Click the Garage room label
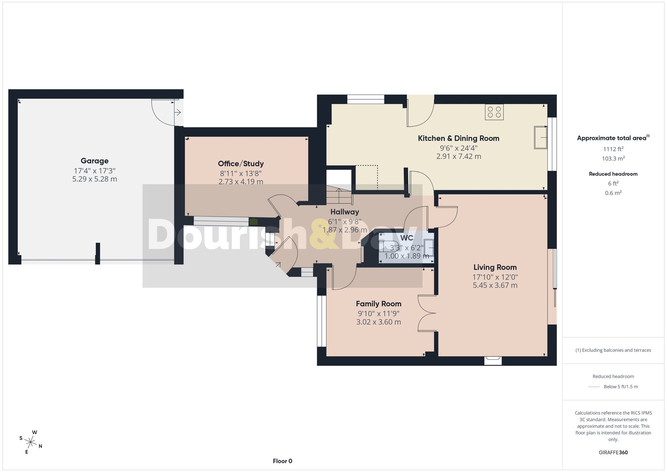[x=94, y=161]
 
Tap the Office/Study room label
[x=241, y=163]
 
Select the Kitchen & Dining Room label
[x=459, y=138]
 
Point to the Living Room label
[x=495, y=267]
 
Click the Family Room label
[x=379, y=304]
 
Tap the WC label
[x=407, y=238]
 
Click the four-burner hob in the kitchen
[x=494, y=112]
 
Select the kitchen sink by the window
[x=541, y=137]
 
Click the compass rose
[x=31, y=442]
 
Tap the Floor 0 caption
[x=282, y=461]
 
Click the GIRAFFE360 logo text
[x=613, y=452]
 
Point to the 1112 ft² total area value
[x=613, y=149]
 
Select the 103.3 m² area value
[x=613, y=158]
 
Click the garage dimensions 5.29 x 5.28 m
[x=95, y=179]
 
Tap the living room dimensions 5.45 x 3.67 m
[x=495, y=285]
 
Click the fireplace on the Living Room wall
[x=493, y=360]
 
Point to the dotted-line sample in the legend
[x=594, y=387]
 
